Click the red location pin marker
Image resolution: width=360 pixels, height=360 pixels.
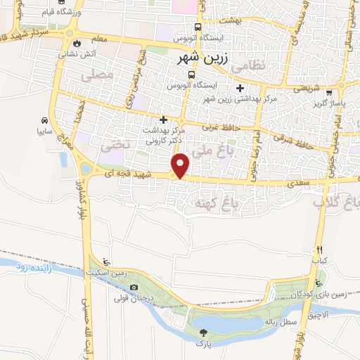(181, 166)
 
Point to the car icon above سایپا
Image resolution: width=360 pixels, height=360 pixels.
(45, 120)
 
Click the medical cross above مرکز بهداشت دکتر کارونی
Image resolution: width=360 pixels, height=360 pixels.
(164, 120)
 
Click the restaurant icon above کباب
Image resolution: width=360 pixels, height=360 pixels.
(319, 250)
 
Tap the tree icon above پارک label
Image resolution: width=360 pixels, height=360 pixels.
(202, 333)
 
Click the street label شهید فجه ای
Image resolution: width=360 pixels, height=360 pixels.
(134, 173)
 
